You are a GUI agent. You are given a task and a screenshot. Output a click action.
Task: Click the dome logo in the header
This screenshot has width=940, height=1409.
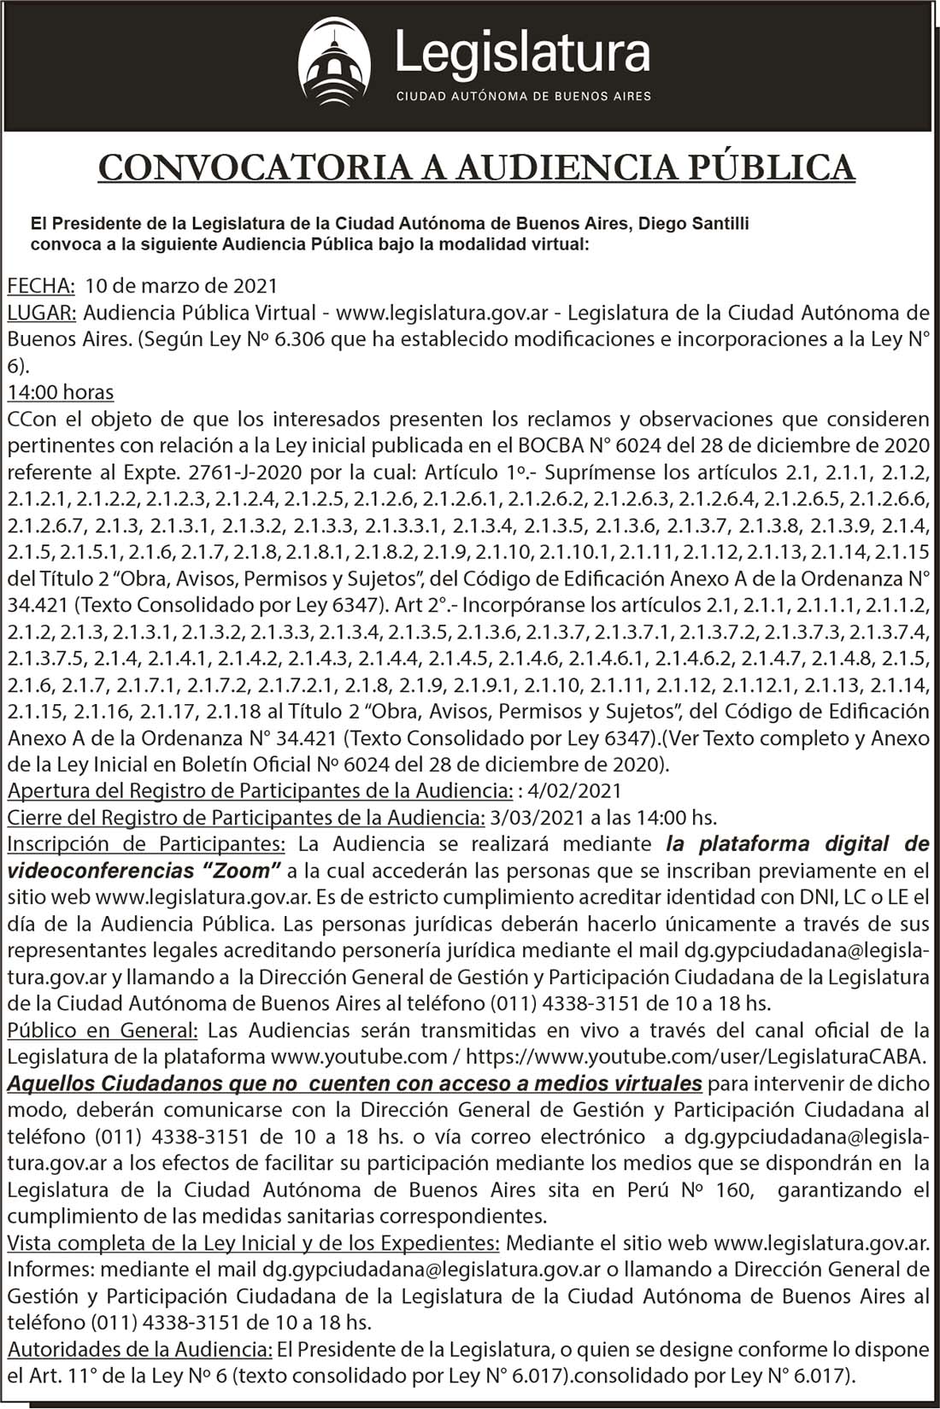tap(335, 64)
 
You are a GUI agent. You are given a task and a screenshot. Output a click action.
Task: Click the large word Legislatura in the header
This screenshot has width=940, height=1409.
tap(523, 54)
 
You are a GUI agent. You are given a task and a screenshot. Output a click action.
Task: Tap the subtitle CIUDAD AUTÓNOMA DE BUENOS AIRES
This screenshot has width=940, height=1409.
tap(523, 96)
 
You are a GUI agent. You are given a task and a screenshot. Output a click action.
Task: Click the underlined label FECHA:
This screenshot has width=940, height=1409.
tap(41, 285)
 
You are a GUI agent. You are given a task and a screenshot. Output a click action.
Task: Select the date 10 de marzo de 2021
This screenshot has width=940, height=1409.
tap(181, 285)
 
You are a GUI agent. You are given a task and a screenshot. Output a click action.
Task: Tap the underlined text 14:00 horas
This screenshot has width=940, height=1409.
tap(61, 392)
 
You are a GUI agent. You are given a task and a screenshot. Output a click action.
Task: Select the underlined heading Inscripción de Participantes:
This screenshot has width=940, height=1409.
tap(146, 844)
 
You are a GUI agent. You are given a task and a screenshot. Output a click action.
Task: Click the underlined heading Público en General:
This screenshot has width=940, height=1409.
tap(103, 1030)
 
